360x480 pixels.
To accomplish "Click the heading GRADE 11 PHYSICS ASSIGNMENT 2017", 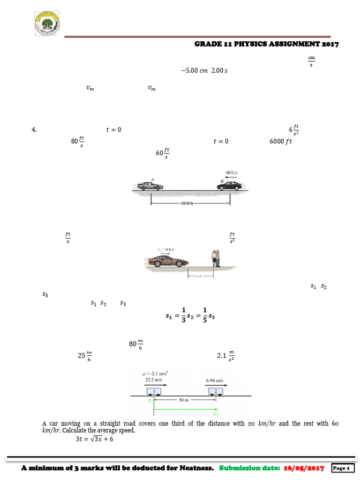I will [266, 44].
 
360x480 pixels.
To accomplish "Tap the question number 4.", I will [34, 130].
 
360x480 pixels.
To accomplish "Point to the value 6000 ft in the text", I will [280, 141].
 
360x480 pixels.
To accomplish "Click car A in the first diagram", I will [150, 185].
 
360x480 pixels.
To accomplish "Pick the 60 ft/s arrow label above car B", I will [231, 172].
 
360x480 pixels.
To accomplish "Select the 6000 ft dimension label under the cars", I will [187, 204].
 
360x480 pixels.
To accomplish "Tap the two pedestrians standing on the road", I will [215, 258].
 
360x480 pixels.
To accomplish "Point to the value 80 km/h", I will [136, 345].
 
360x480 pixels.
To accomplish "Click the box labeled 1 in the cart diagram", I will [154, 391].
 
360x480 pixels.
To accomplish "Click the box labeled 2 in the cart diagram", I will [215, 391].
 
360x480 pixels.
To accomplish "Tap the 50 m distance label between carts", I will [184, 400].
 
